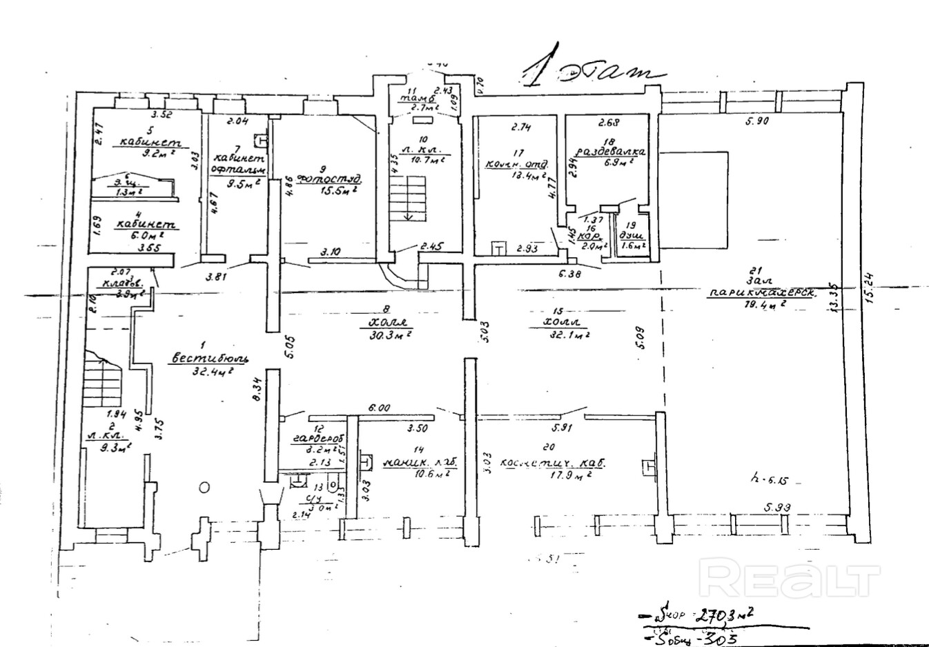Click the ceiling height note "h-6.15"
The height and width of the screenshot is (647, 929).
767,477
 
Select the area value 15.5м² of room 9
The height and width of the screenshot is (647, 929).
338,190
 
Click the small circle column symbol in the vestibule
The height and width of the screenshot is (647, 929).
204,487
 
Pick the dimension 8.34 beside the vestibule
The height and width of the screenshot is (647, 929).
256,391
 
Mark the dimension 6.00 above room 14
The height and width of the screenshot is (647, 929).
379,408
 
